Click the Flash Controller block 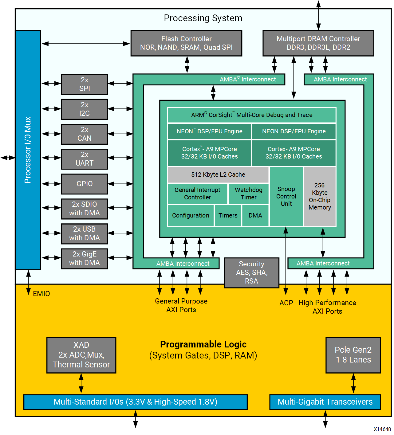point(186,43)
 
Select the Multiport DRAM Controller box point(318,43)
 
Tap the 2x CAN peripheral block point(85,134)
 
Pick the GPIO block point(85,184)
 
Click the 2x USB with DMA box point(85,233)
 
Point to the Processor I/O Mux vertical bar point(28,150)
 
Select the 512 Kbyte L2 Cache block point(218,174)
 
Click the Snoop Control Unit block point(286,197)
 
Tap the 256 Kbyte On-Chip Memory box point(320,197)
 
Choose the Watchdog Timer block point(248,194)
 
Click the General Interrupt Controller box point(197,194)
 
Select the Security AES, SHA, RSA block point(251,272)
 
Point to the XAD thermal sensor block point(81,355)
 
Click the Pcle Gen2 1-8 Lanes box point(353,355)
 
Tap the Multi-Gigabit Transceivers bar point(325,402)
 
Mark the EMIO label point(41,294)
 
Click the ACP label point(286,303)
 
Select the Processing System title point(203,18)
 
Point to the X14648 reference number point(382,429)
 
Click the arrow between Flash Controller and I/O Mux point(86,44)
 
